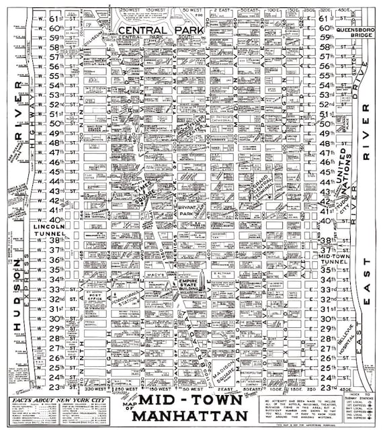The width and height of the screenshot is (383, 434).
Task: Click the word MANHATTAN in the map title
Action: [189, 417]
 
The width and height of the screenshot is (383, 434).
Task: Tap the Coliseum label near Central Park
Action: [93, 39]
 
